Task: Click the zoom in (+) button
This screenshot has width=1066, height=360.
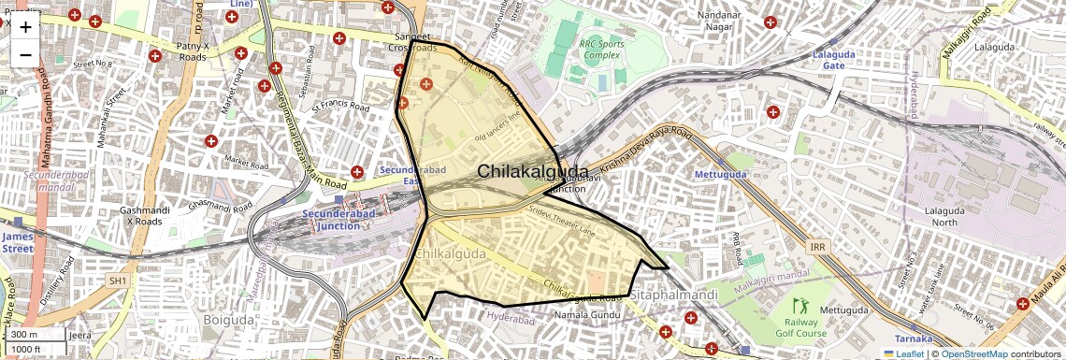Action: point(25,27)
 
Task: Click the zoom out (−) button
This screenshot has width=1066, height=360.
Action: point(25,54)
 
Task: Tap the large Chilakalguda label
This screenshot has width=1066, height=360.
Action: point(533,172)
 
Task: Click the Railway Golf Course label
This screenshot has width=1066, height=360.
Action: point(800,327)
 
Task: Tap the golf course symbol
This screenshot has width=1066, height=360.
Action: point(800,306)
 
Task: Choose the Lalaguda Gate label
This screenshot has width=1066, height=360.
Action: point(834,61)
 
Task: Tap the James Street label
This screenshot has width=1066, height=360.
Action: point(17,243)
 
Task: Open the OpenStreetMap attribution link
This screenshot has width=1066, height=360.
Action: point(973,354)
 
